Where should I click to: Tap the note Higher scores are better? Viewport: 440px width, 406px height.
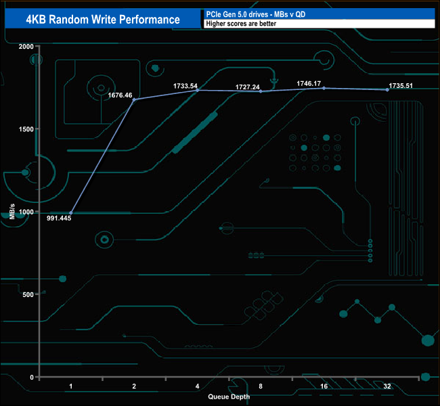pos(236,24)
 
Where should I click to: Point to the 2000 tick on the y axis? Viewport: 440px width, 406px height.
pos(25,47)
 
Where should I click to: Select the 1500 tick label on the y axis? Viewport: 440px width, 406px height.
pos(25,129)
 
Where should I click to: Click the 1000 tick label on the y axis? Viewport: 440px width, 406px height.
pos(25,212)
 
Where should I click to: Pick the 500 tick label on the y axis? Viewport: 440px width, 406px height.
pos(27,294)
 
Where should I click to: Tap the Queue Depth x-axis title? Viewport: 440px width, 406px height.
pos(229,397)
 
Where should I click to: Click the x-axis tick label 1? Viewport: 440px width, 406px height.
pos(71,386)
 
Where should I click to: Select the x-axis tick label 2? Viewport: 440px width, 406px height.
pos(134,386)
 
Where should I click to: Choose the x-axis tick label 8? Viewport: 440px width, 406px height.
pos(261,386)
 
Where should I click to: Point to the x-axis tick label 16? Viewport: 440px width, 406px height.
pos(324,386)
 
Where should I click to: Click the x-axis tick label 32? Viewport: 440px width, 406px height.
pos(387,386)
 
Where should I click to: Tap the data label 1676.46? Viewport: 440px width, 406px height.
pos(120,95)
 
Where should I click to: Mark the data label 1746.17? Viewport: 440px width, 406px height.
pos(309,83)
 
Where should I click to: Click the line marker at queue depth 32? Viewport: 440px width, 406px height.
pos(387,90)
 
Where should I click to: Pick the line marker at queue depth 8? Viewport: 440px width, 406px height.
pos(261,91)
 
